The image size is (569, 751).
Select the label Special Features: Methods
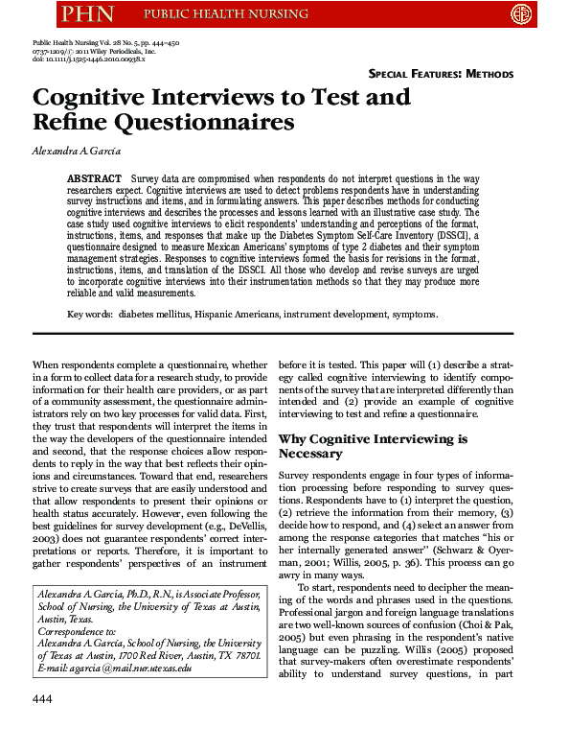[441, 74]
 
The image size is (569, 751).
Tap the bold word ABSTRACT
[94, 179]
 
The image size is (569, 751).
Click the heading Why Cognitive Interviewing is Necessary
[373, 446]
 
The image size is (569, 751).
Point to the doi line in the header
[87, 59]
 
